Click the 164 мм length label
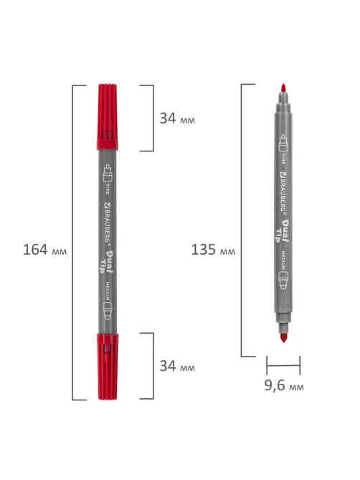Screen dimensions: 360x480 [45, 250]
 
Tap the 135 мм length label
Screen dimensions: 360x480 [213, 250]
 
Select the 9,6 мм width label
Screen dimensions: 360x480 [284, 385]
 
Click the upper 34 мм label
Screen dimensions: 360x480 [177, 118]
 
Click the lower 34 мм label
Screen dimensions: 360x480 [177, 366]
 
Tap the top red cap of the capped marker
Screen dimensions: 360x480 [108, 117]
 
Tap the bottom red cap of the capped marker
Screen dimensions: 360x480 [108, 367]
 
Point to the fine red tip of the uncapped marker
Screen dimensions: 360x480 [283, 88]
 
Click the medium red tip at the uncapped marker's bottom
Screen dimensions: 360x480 [283, 338]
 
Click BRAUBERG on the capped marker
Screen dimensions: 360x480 [108, 222]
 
